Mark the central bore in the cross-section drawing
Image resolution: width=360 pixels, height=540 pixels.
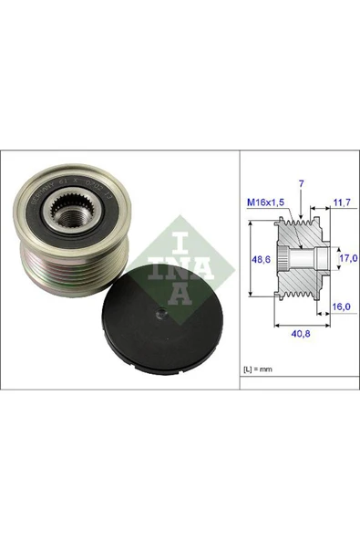point(290,260)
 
